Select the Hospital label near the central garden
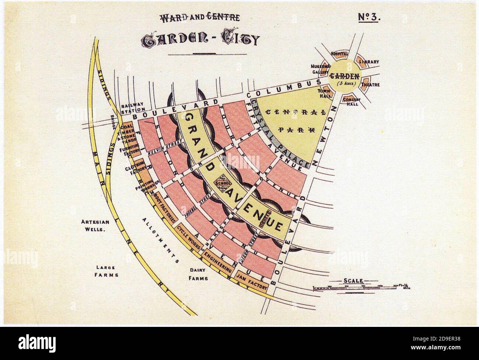[339, 54]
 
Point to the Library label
[369, 62]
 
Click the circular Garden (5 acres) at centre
[344, 78]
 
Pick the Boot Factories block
[165, 209]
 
